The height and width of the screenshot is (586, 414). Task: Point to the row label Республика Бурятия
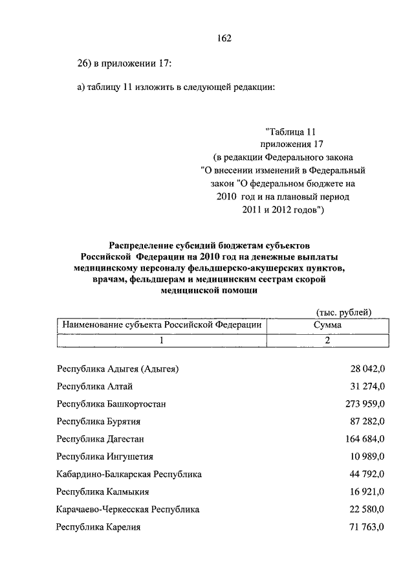click(x=98, y=422)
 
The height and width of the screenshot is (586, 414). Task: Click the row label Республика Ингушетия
click(x=104, y=456)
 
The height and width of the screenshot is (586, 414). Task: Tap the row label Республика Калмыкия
click(x=103, y=491)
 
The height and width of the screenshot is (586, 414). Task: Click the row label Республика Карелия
click(x=98, y=527)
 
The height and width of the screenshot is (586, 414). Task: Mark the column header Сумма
click(x=327, y=324)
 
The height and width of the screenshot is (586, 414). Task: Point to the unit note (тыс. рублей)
click(x=343, y=311)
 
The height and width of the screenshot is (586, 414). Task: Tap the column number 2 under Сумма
click(x=327, y=339)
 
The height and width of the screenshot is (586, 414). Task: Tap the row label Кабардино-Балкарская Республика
click(x=129, y=474)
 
